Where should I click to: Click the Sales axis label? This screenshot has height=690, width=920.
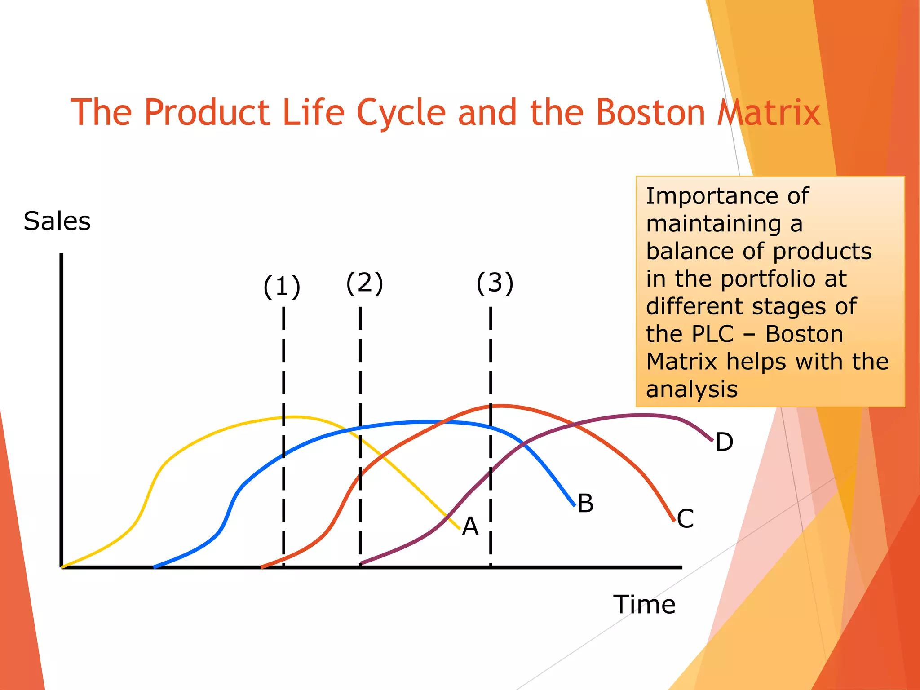coord(57,221)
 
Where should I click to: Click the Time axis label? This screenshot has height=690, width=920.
coord(644,605)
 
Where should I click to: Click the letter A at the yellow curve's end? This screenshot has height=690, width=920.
coord(470,526)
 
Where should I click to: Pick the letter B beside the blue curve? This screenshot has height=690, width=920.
coord(585,504)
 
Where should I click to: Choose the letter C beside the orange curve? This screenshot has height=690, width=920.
coord(685,519)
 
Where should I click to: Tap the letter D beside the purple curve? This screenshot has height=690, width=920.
coord(724,442)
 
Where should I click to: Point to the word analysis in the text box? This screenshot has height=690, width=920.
coord(692,389)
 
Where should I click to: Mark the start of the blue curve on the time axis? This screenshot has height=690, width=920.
coord(155,567)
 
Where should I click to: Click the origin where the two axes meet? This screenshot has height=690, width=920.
coord(62,567)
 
